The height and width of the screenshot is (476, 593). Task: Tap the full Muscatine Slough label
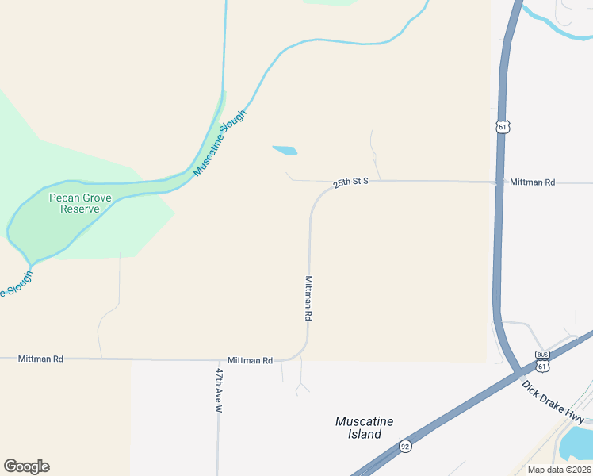(220, 142)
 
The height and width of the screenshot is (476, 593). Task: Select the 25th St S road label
(351, 182)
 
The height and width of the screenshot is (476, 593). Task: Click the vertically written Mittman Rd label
(309, 297)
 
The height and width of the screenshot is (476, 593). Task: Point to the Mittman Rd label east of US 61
(532, 182)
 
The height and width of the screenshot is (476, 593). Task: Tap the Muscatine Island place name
(365, 428)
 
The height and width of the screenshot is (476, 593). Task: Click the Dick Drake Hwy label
(553, 402)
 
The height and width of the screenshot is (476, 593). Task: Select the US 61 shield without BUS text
(503, 126)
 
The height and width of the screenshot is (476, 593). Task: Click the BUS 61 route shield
(542, 362)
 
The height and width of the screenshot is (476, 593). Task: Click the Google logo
(26, 466)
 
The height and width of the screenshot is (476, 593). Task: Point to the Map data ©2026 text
(559, 470)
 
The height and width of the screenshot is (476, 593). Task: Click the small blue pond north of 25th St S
(285, 149)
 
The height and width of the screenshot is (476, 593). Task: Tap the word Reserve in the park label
(79, 209)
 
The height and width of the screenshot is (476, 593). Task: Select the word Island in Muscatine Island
(365, 434)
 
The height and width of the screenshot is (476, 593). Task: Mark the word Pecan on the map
(64, 197)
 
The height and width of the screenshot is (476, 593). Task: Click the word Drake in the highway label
(553, 402)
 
